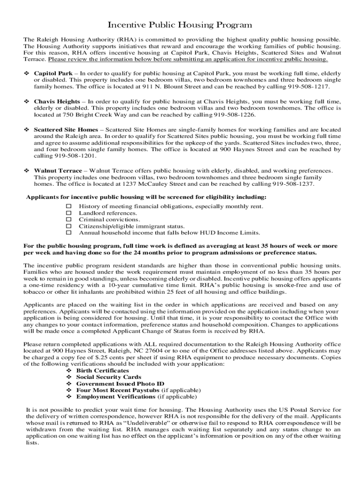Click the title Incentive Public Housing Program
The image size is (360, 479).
[x=180, y=25]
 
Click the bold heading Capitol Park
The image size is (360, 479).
[x=53, y=73]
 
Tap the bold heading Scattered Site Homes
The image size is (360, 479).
[x=66, y=129]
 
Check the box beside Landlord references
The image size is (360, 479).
[x=68, y=213]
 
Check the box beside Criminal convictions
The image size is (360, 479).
[x=68, y=219]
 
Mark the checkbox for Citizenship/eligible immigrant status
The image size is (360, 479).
[x=68, y=226]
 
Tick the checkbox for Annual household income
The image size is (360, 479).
[x=68, y=232]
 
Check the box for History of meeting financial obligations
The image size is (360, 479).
[x=68, y=206]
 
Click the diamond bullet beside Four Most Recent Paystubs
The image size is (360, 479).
[x=69, y=390]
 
